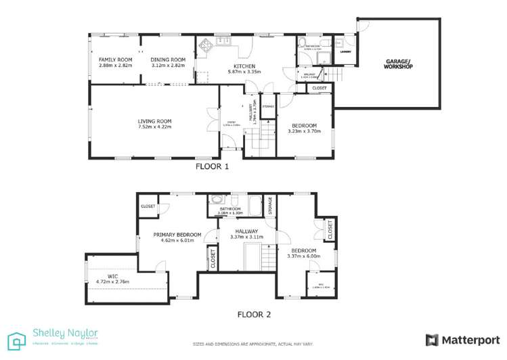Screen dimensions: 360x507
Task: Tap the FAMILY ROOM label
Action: coord(115,60)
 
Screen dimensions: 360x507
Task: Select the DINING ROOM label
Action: coord(167,60)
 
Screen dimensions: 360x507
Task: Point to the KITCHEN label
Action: coord(240,66)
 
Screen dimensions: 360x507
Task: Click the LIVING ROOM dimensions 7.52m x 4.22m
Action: coord(154,127)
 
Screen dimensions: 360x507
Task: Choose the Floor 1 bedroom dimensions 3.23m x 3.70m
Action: coord(305,131)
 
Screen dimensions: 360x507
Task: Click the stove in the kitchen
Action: coord(205,47)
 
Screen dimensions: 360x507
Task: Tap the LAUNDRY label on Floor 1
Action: coord(345,51)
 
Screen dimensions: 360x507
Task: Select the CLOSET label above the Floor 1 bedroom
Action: coord(319,88)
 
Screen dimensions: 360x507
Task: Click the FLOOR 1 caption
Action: coord(212,166)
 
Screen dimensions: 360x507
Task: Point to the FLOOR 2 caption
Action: coord(254,314)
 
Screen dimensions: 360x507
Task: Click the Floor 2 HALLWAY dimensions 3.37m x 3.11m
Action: coord(245,238)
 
